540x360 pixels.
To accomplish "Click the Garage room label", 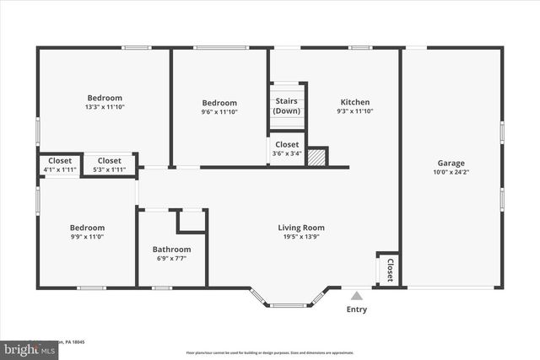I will point(450,164).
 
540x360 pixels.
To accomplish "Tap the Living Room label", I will point(301,228).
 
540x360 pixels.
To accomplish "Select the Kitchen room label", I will point(354,102).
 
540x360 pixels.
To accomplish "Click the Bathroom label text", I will point(171,250).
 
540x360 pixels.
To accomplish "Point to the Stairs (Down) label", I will point(286,106).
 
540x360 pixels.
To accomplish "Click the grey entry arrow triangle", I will point(357,295).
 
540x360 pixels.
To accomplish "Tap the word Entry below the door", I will point(357,309).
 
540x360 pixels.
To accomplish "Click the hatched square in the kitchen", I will point(316,158).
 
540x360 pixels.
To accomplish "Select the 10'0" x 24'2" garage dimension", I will point(450,173).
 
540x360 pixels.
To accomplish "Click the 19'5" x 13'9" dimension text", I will point(301,237).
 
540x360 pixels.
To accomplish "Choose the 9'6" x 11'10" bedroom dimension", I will point(219,111).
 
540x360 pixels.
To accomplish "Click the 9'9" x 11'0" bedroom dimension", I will point(87,237).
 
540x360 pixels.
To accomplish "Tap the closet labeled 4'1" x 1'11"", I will point(59,165).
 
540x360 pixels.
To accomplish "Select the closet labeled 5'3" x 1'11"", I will point(109,165).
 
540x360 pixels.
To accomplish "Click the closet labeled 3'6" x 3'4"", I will point(286,149).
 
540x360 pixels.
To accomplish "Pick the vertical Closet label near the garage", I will point(390,269).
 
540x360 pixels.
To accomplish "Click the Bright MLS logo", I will point(25,347).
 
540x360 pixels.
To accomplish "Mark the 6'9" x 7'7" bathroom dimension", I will point(171,259).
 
